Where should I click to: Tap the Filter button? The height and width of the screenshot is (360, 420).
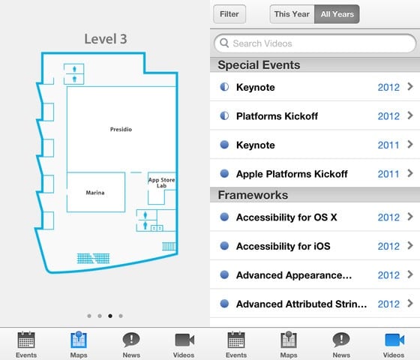click(x=229, y=14)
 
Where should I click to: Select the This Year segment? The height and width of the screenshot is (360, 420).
click(x=292, y=14)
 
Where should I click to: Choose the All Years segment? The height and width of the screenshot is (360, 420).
click(x=337, y=14)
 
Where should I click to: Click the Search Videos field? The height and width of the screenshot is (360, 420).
click(x=315, y=43)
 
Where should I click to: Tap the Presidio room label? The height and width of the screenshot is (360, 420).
click(x=121, y=129)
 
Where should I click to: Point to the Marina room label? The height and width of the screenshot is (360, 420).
click(x=95, y=193)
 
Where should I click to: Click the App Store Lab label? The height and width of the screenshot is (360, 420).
click(x=161, y=183)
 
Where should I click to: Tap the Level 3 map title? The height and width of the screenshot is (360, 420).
click(x=106, y=39)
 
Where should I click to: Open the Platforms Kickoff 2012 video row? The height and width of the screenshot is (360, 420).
click(x=315, y=116)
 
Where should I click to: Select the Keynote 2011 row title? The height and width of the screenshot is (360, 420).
click(x=256, y=145)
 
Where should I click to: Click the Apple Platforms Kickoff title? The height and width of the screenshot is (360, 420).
click(x=292, y=174)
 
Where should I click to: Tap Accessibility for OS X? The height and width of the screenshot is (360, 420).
click(x=286, y=217)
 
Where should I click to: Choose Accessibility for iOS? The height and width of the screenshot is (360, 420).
click(x=283, y=247)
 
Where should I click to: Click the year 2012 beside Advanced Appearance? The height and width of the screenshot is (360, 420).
click(x=388, y=275)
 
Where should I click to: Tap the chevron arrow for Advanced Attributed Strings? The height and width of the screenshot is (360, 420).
click(x=410, y=304)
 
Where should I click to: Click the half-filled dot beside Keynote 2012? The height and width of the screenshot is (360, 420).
click(x=224, y=87)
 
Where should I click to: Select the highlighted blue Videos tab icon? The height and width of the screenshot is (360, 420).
click(x=394, y=340)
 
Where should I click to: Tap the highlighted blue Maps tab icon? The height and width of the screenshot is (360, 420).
click(x=79, y=339)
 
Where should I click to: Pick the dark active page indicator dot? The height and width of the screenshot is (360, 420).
click(x=110, y=316)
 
